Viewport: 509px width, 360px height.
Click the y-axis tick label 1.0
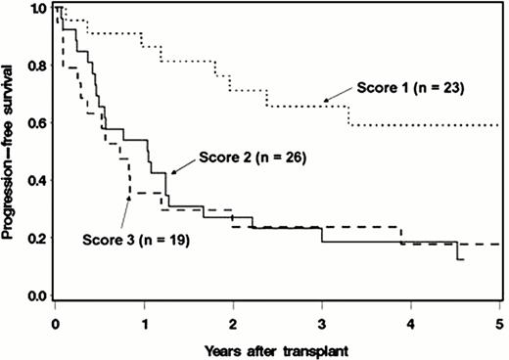click(x=36, y=9)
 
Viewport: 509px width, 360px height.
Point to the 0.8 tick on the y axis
click(x=36, y=67)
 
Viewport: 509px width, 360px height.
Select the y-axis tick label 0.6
click(x=36, y=124)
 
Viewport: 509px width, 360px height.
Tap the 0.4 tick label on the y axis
click(x=36, y=181)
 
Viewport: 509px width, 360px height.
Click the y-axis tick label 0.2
click(x=36, y=239)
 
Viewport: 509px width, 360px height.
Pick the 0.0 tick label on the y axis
click(x=36, y=295)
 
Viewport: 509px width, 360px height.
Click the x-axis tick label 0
click(x=56, y=320)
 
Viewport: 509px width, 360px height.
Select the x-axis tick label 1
click(x=145, y=320)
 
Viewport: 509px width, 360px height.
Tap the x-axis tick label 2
click(x=233, y=320)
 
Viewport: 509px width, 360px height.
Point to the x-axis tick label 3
click(x=322, y=320)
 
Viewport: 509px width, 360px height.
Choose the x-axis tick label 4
click(x=411, y=320)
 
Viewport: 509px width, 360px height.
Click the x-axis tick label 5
click(x=499, y=320)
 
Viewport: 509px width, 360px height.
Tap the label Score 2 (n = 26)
click(x=254, y=157)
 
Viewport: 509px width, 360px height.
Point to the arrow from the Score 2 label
click(x=183, y=164)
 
